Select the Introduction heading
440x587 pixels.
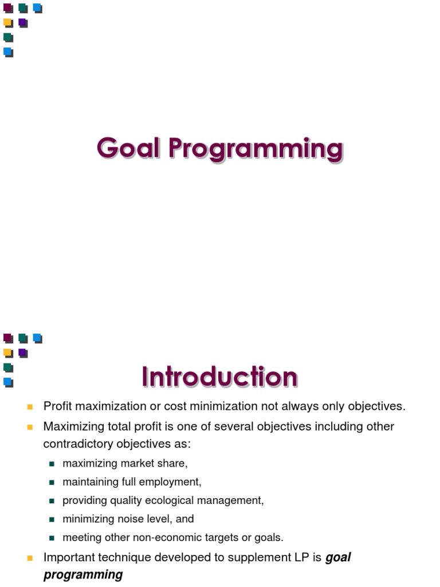[219, 377]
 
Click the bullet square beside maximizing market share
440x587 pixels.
[52, 464]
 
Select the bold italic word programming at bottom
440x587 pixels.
[83, 574]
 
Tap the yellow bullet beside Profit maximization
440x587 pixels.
[30, 407]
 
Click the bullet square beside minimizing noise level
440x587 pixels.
[52, 519]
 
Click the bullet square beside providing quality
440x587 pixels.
[52, 501]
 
